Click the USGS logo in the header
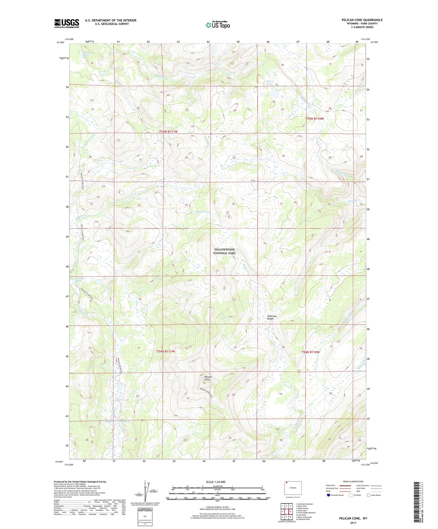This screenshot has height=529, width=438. pyautogui.click(x=67, y=23)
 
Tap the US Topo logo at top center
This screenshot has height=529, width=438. pyautogui.click(x=218, y=25)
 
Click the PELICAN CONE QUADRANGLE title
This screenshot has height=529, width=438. pyautogui.click(x=362, y=20)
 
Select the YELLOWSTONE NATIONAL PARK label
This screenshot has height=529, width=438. pyautogui.click(x=224, y=251)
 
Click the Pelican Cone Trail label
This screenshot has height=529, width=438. pyautogui.click(x=209, y=395)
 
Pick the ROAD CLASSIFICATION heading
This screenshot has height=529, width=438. pyautogui.click(x=353, y=481)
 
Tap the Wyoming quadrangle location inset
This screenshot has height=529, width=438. pyautogui.click(x=293, y=488)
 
